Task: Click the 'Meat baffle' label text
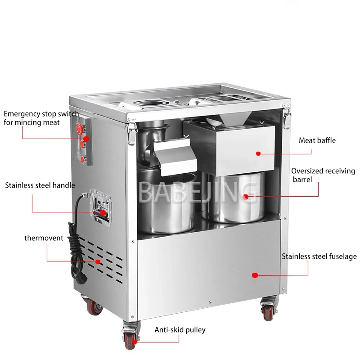click(317, 140)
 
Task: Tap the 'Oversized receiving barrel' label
click(323, 175)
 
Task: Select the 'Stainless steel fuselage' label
click(319, 256)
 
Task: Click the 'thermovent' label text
click(44, 238)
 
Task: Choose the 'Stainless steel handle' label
click(40, 185)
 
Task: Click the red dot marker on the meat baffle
click(258, 153)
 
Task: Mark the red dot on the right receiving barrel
click(245, 196)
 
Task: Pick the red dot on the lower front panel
click(254, 274)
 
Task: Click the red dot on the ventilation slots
click(98, 261)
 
